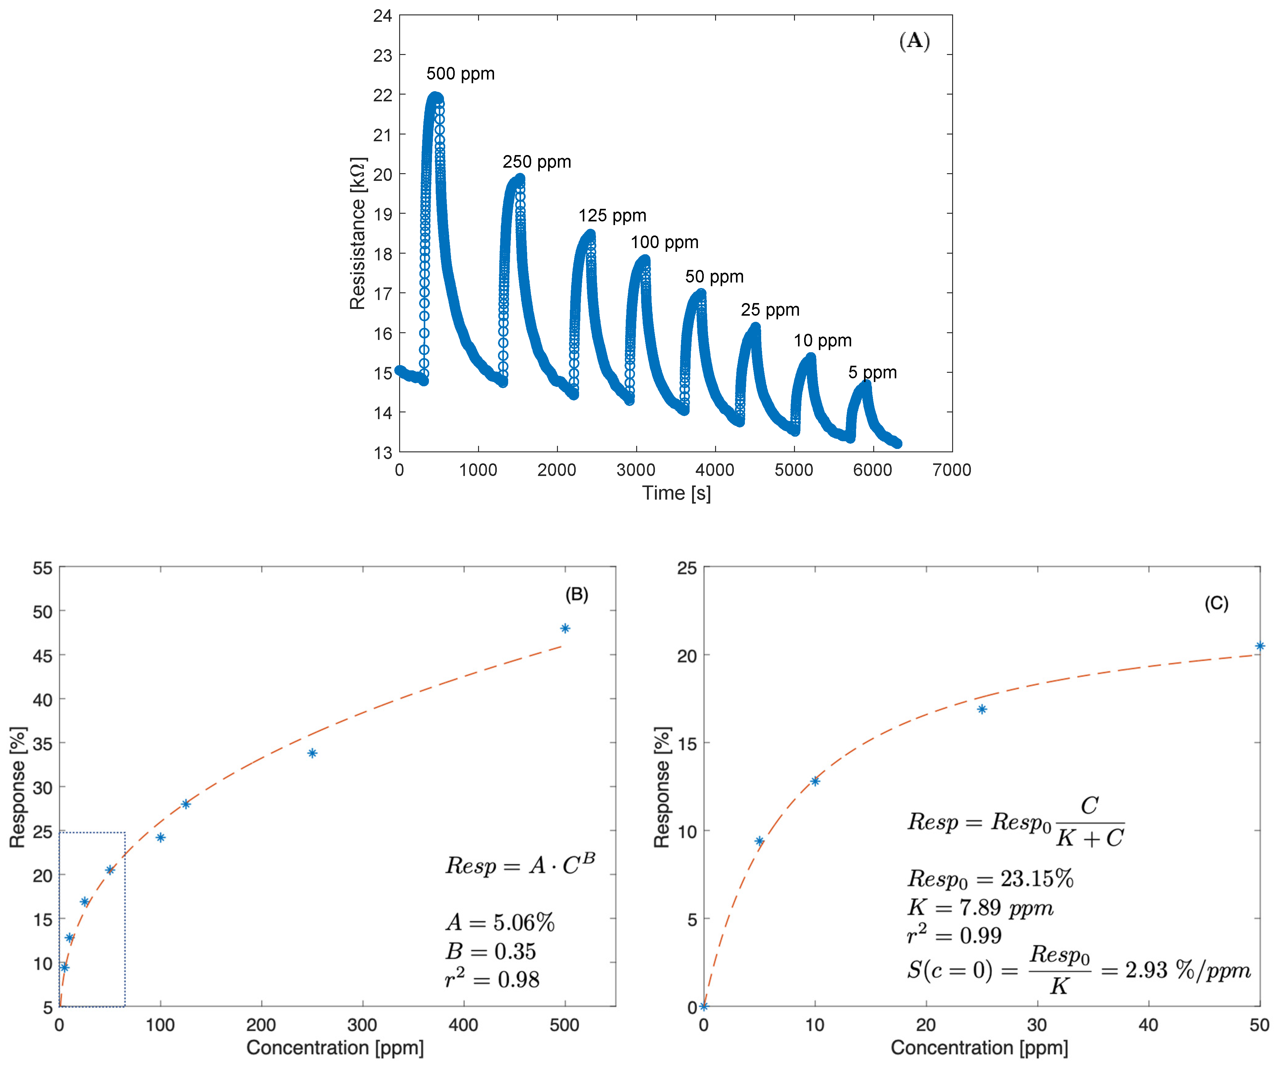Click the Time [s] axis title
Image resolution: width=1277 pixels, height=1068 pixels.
pos(676,493)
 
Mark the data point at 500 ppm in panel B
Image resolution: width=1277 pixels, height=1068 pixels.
pos(565,628)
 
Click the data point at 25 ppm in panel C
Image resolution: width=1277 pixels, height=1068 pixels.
pos(981,709)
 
